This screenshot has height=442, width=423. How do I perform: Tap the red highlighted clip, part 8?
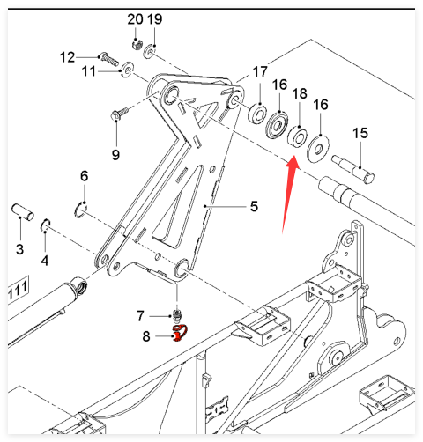tap(179, 333)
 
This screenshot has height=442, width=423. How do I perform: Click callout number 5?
tap(254, 206)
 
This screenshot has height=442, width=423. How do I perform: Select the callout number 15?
tap(360, 133)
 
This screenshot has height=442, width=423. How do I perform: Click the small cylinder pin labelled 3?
tap(23, 211)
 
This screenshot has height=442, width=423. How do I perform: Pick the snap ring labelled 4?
tap(46, 225)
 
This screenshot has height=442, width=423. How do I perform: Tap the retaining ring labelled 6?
tap(80, 210)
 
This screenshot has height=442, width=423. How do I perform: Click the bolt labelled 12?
tap(109, 59)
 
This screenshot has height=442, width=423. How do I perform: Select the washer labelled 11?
tap(128, 70)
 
